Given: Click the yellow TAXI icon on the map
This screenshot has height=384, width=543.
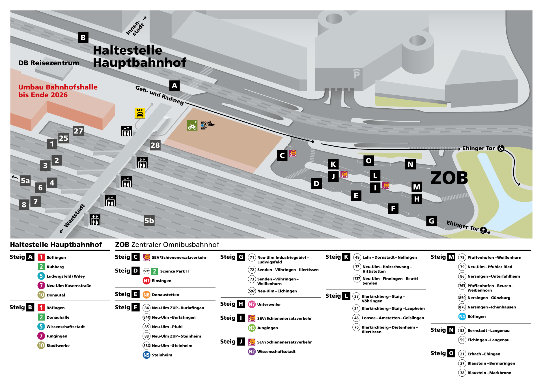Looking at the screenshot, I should pyautogui.click(x=140, y=113).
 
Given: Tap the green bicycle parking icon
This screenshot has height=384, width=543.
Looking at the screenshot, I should pyautogui.click(x=192, y=125).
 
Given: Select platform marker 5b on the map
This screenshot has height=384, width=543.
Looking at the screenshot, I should pyautogui.click(x=149, y=220).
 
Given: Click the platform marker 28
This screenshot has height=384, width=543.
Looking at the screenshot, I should pyautogui.click(x=155, y=145).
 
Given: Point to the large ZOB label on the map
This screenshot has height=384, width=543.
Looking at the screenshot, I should pyautogui.click(x=449, y=178).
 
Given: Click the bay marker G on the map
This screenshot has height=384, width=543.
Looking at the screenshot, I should pyautogui.click(x=431, y=221).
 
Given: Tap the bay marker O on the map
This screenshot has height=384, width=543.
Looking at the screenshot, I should pyautogui.click(x=369, y=161).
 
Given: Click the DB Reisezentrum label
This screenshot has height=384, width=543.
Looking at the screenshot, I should pyautogui.click(x=49, y=63).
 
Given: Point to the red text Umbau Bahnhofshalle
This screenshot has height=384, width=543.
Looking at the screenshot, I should pyautogui.click(x=58, y=87).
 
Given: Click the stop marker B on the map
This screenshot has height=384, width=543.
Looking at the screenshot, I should pyautogui.click(x=83, y=37).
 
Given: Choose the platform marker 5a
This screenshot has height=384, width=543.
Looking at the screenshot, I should pyautogui.click(x=25, y=181).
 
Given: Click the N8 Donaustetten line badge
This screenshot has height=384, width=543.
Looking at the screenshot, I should pyautogui.click(x=146, y=295).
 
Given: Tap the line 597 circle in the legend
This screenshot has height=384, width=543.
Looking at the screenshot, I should pyautogui.click(x=252, y=291).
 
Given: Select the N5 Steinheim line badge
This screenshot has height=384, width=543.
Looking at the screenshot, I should pyautogui.click(x=146, y=355).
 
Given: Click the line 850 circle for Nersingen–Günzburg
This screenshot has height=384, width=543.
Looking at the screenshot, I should pyautogui.click(x=462, y=298).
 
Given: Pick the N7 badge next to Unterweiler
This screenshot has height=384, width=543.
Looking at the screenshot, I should pyautogui.click(x=252, y=304).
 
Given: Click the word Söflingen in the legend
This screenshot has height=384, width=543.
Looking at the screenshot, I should pyautogui.click(x=56, y=258).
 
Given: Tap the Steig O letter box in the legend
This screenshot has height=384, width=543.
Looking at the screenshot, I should pyautogui.click(x=451, y=353).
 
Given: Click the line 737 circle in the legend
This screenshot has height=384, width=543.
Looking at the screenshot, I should pyautogui.click(x=357, y=279).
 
